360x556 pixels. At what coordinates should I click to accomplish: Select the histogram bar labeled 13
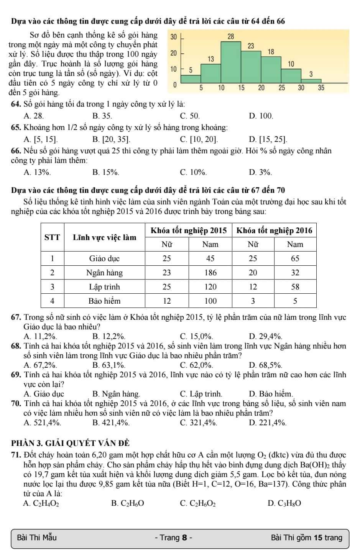(211, 73)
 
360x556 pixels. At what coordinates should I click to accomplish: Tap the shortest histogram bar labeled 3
(311, 80)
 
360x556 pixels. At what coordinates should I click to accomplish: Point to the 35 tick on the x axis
(321, 88)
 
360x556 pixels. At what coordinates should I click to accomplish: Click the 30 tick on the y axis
(173, 37)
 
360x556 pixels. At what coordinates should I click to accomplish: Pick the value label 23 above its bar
(251, 46)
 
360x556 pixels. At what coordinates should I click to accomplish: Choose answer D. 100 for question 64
(261, 116)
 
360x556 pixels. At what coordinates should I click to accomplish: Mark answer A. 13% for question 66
(37, 173)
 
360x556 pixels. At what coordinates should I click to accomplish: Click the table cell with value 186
(210, 273)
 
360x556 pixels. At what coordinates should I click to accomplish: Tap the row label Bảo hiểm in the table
(105, 301)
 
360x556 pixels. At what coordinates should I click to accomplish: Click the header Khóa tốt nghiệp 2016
(275, 230)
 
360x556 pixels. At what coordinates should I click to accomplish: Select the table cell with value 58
(295, 287)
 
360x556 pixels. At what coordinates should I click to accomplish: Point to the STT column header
(53, 237)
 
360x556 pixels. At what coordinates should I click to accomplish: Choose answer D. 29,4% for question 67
(266, 337)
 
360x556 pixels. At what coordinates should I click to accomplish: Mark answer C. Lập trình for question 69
(201, 394)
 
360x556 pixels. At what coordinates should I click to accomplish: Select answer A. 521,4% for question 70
(42, 423)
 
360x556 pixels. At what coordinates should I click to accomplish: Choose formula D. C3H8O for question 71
(284, 503)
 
